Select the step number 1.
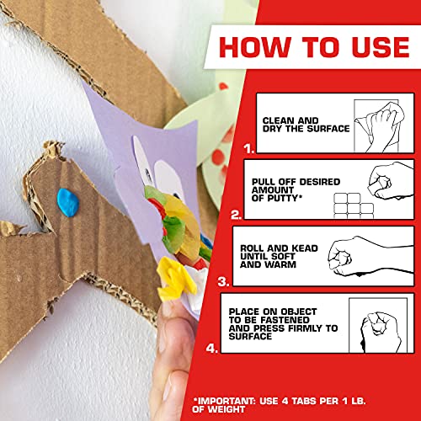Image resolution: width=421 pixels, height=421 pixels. coord(247,147)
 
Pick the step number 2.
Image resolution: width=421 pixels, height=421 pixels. coord(237,215)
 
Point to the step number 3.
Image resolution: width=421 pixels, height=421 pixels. coord(224,281)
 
